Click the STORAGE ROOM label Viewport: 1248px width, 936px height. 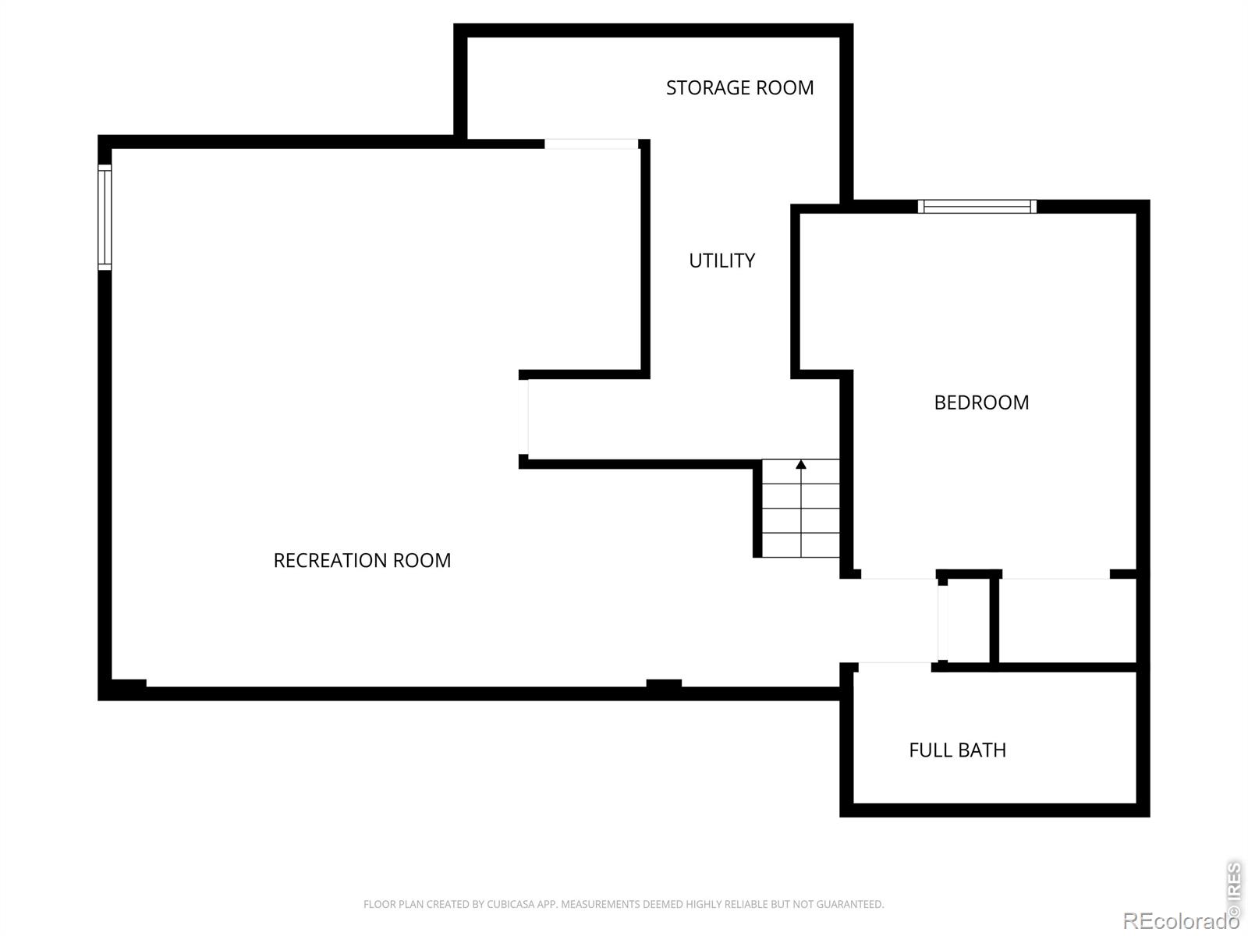pos(739,87)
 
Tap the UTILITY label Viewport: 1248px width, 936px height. pos(722,261)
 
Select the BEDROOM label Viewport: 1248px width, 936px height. pos(981,402)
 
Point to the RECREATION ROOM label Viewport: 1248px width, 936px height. pos(362,560)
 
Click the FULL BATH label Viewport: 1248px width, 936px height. pos(958,750)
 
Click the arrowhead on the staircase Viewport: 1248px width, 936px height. pos(801,464)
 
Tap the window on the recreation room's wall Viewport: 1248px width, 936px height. pos(105,217)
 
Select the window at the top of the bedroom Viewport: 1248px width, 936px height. pos(977,206)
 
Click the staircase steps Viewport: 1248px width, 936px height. pos(800,508)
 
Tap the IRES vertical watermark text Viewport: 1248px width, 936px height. pos(1234,889)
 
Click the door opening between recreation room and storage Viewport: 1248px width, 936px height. pos(591,144)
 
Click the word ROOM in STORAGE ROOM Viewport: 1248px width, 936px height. pos(787,87)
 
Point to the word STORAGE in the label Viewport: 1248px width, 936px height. pos(710,87)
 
